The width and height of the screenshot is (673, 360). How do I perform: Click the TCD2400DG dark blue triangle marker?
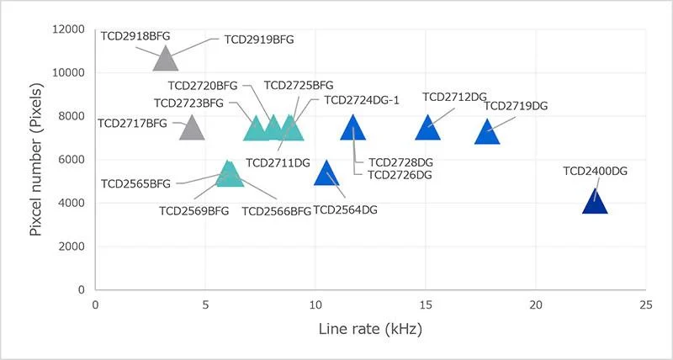[595, 203]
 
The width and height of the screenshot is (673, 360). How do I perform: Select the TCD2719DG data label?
[516, 106]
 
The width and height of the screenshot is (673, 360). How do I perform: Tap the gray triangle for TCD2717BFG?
[192, 128]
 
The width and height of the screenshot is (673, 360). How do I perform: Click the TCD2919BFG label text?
[258, 39]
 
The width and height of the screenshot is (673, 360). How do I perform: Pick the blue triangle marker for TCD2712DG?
[428, 128]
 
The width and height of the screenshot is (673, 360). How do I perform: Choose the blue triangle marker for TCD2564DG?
[326, 174]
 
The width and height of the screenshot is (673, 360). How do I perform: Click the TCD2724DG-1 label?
[361, 100]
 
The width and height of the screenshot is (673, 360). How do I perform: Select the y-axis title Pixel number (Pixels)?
[36, 159]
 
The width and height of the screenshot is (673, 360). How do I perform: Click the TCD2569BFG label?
[193, 210]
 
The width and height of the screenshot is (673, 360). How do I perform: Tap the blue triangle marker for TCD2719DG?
[488, 133]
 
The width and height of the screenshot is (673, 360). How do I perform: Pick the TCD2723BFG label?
[188, 103]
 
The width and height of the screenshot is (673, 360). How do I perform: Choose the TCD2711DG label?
[278, 162]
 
